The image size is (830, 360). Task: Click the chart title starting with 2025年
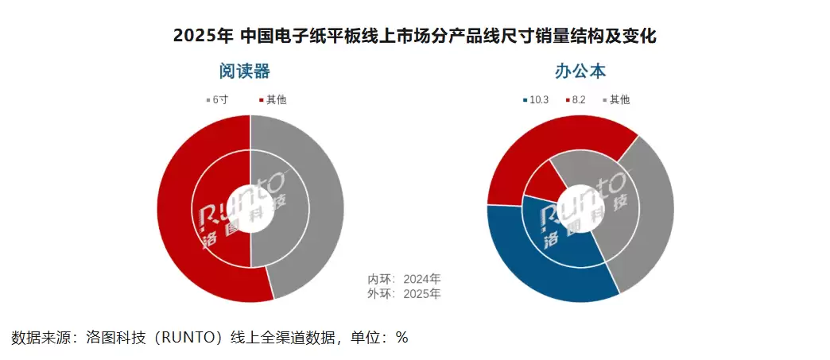(x=414, y=37)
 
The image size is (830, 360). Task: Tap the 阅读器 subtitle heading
(x=245, y=72)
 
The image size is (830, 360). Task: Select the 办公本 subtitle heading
(x=581, y=72)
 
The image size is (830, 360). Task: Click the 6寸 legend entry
(x=218, y=100)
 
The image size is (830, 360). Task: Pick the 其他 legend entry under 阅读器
(x=272, y=100)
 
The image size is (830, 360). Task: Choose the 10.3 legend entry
(x=536, y=100)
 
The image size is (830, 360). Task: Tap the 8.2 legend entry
(x=579, y=100)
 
